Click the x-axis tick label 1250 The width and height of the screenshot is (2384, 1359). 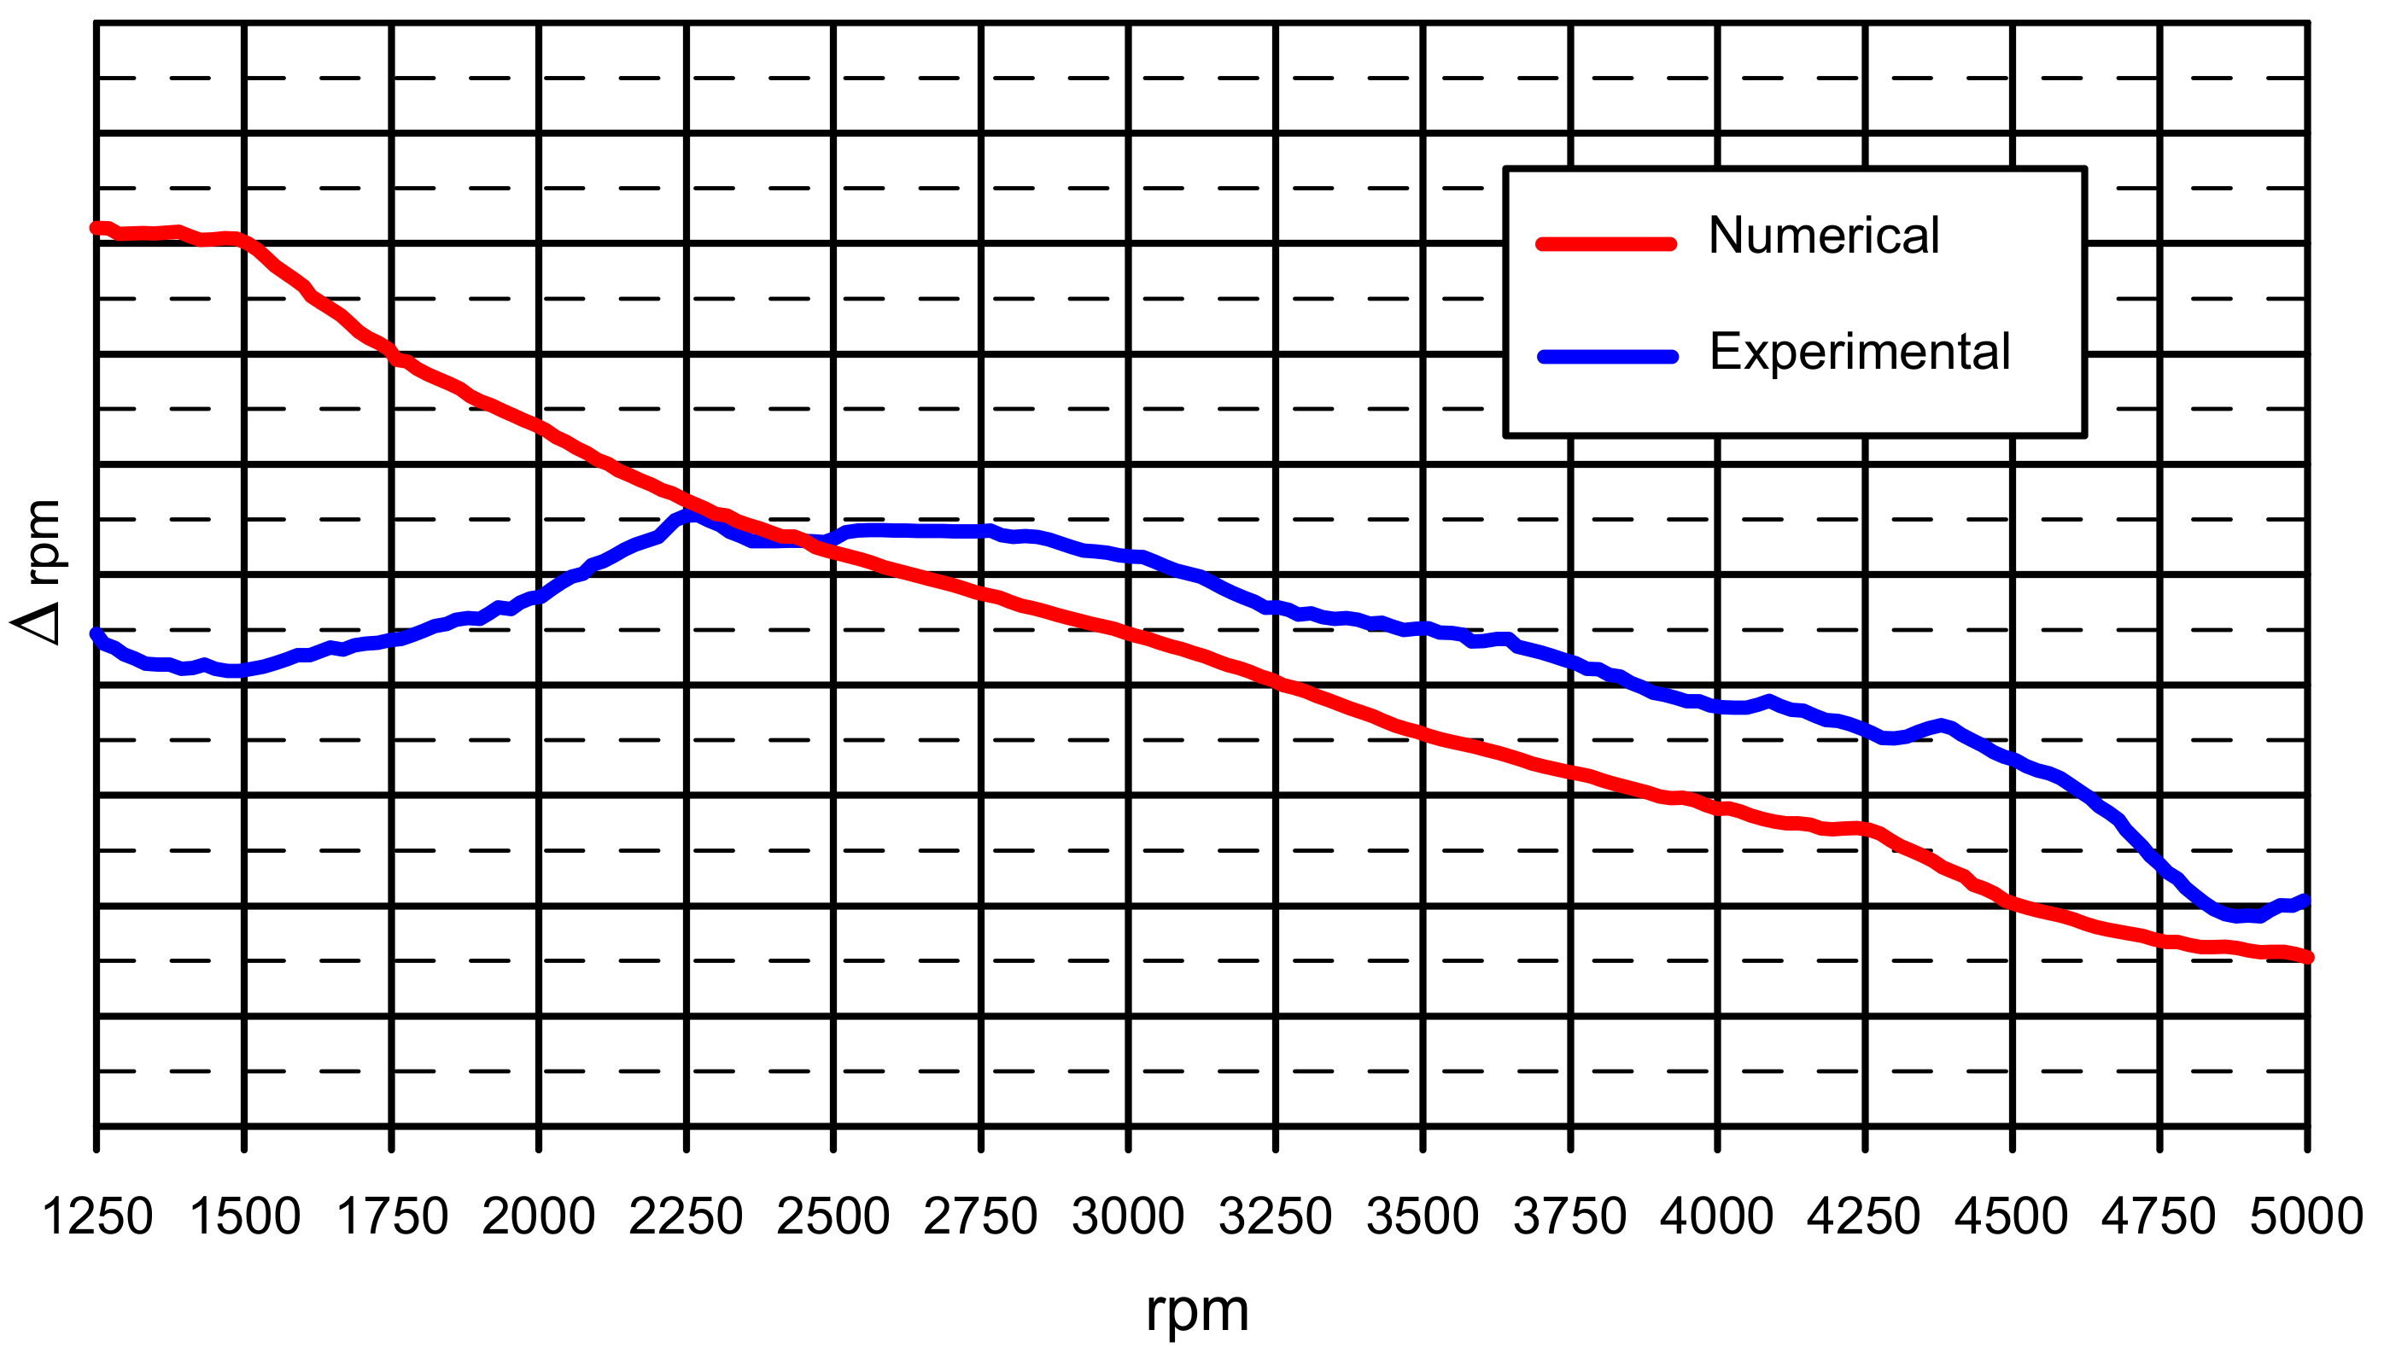pyautogui.click(x=97, y=1217)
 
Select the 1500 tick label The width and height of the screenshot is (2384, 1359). pyautogui.click(x=244, y=1217)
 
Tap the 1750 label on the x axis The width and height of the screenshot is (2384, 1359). pyautogui.click(x=392, y=1217)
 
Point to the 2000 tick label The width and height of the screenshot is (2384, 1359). pyautogui.click(x=539, y=1217)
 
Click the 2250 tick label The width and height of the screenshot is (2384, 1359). pyautogui.click(x=686, y=1217)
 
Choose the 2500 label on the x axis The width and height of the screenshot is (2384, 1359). pyautogui.click(x=833, y=1217)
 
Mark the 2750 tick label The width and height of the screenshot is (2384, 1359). pyautogui.click(x=981, y=1217)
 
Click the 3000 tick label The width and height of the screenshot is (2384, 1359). pyautogui.click(x=1129, y=1217)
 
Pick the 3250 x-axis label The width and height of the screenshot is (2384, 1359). pyautogui.click(x=1276, y=1217)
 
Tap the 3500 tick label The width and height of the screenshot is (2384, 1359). pyautogui.click(x=1423, y=1217)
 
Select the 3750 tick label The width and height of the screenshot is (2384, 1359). pyautogui.click(x=1570, y=1217)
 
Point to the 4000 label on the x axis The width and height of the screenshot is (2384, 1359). pyautogui.click(x=1717, y=1217)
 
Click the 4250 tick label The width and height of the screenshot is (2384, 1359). pyautogui.click(x=1865, y=1217)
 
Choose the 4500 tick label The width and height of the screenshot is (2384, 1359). pyautogui.click(x=2013, y=1217)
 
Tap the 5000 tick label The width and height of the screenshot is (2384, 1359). pyautogui.click(x=2306, y=1217)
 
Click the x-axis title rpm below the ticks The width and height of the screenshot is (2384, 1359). pyautogui.click(x=1198, y=1311)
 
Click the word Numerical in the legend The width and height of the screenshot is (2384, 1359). pyautogui.click(x=1823, y=236)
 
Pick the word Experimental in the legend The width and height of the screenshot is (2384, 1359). pyautogui.click(x=1860, y=352)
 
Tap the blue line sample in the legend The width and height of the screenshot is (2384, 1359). pyautogui.click(x=1607, y=357)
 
